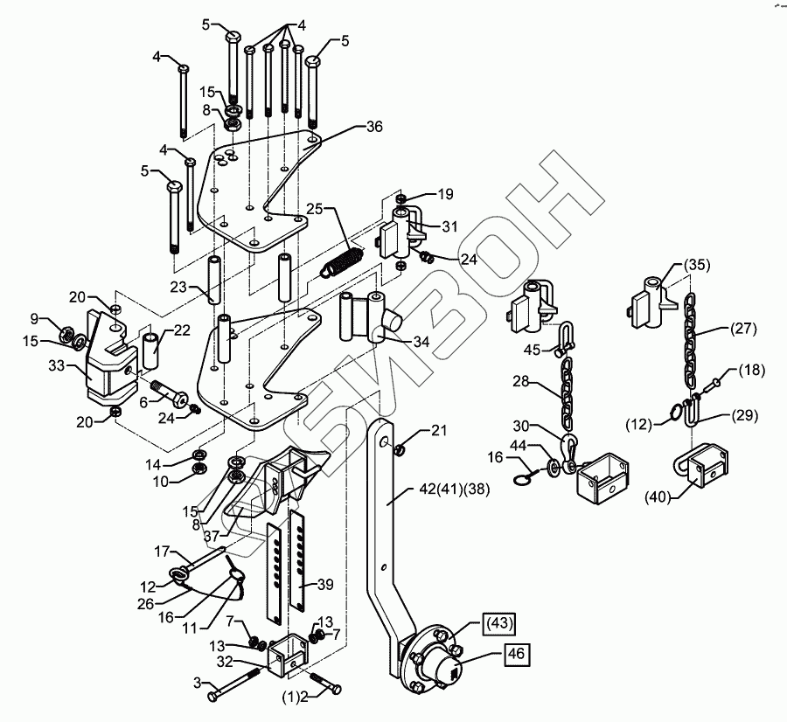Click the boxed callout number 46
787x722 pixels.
pyautogui.click(x=516, y=653)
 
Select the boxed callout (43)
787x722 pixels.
pyautogui.click(x=499, y=623)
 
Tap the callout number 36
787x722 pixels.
pyautogui.click(x=374, y=127)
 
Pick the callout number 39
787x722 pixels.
pyautogui.click(x=325, y=584)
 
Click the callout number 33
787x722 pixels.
pyautogui.click(x=57, y=365)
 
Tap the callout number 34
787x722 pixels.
pyautogui.click(x=421, y=342)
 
